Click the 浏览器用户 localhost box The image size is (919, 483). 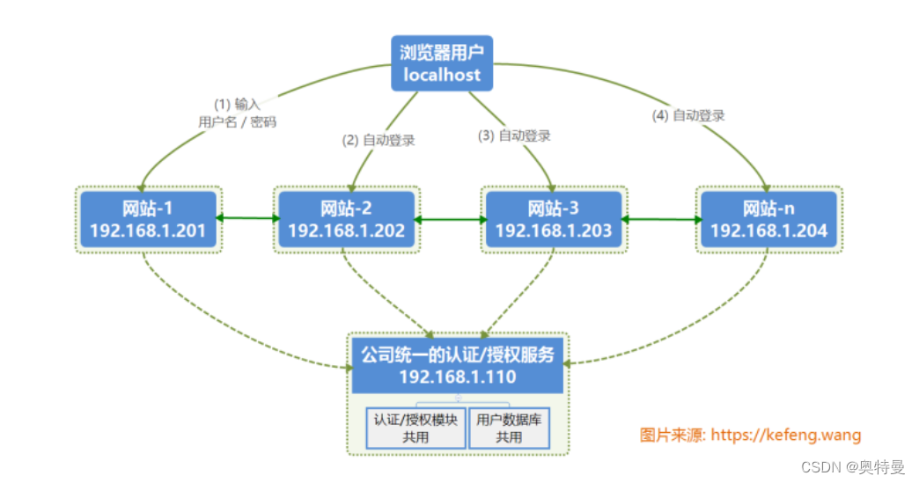click(442, 63)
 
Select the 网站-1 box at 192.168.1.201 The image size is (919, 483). click(148, 219)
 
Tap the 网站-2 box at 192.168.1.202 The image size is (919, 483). click(346, 219)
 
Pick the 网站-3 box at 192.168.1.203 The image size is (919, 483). click(553, 219)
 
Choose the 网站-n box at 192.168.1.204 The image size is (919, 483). click(768, 219)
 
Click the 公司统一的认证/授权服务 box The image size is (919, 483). click(457, 364)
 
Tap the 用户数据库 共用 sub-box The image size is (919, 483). click(509, 428)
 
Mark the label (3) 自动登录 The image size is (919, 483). click(514, 135)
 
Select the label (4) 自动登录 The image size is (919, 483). click(687, 114)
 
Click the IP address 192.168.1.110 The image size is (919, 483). click(457, 377)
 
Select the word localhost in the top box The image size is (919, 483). click(442, 75)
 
